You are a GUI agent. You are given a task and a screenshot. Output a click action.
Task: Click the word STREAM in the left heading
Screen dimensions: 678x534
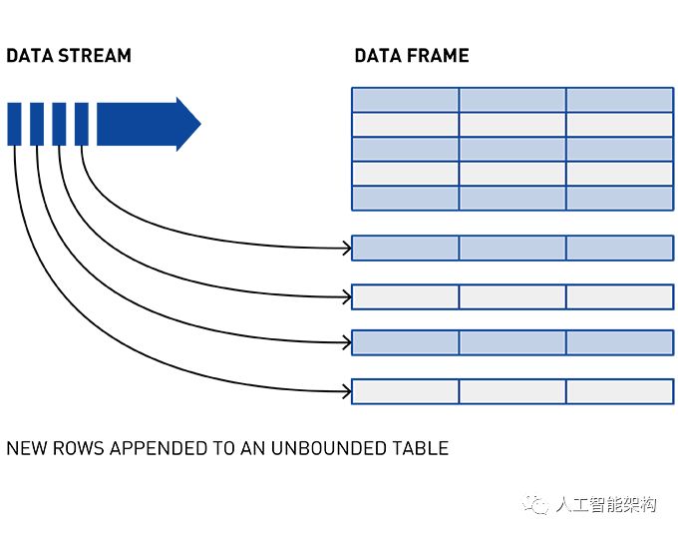pyautogui.click(x=95, y=56)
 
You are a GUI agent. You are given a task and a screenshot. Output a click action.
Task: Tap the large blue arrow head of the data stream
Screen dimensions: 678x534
pyautogui.click(x=188, y=124)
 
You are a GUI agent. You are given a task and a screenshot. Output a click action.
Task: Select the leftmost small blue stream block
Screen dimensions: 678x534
pyautogui.click(x=14, y=124)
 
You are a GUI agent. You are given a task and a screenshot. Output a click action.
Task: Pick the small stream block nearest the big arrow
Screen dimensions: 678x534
pyautogui.click(x=82, y=124)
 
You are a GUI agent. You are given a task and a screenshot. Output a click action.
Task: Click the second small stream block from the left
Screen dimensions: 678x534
pyautogui.click(x=37, y=124)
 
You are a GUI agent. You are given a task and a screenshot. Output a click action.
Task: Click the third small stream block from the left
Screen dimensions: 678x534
pyautogui.click(x=59, y=124)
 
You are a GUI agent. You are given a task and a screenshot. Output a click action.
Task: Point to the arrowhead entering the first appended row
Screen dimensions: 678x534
pyautogui.click(x=347, y=249)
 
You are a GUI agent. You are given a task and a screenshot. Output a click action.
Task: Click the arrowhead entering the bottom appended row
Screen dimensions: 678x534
pyautogui.click(x=347, y=392)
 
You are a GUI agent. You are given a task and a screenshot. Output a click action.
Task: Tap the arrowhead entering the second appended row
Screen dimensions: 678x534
pyautogui.click(x=347, y=297)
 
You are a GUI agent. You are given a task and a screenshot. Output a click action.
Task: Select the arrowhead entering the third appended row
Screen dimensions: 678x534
pyautogui.click(x=347, y=343)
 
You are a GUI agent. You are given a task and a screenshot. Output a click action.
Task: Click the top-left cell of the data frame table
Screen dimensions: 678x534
pyautogui.click(x=405, y=100)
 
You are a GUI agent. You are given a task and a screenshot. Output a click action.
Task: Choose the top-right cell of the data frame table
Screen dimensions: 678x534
pyautogui.click(x=619, y=100)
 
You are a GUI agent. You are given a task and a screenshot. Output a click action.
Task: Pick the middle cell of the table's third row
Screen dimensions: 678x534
pyautogui.click(x=512, y=150)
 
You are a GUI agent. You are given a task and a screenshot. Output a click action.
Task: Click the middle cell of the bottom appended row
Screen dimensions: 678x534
pyautogui.click(x=512, y=392)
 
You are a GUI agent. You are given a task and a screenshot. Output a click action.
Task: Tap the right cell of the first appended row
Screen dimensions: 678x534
pyautogui.click(x=619, y=249)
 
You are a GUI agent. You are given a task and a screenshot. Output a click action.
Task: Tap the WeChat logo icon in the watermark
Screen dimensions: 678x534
pyautogui.click(x=535, y=504)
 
